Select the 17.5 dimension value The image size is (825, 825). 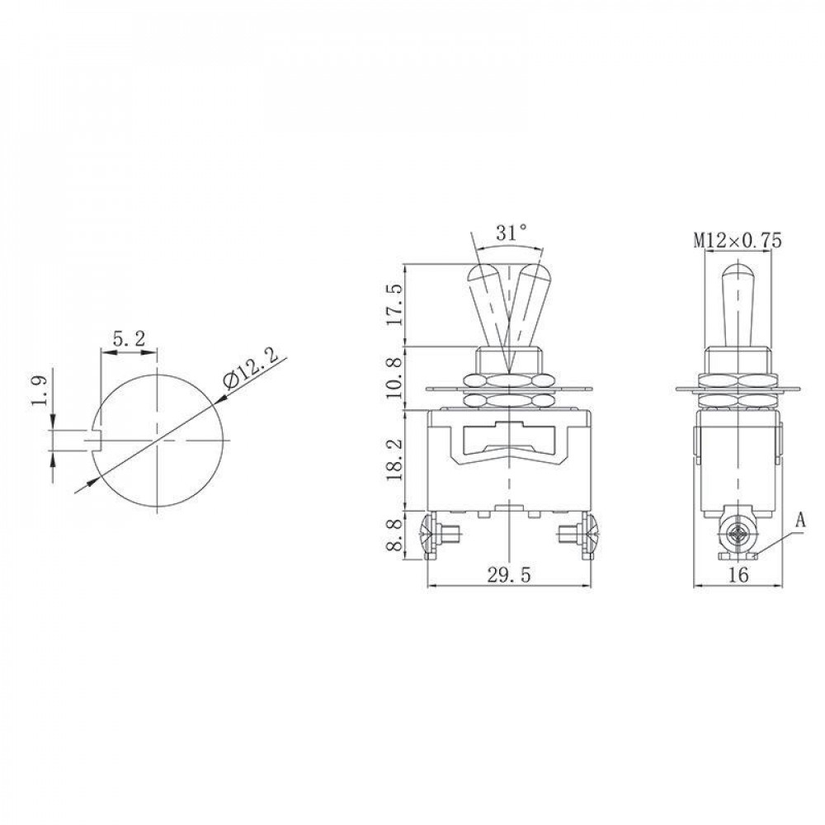pos(396,304)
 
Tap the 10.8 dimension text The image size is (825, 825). pos(396,378)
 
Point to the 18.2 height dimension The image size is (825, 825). pos(396,460)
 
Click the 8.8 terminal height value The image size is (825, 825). pos(396,535)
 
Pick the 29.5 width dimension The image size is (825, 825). pos(509,574)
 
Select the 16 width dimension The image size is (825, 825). pos(738,574)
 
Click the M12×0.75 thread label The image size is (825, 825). pos(738,241)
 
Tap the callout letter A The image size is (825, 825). pos(800,521)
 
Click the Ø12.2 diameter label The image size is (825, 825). pos(251,372)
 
